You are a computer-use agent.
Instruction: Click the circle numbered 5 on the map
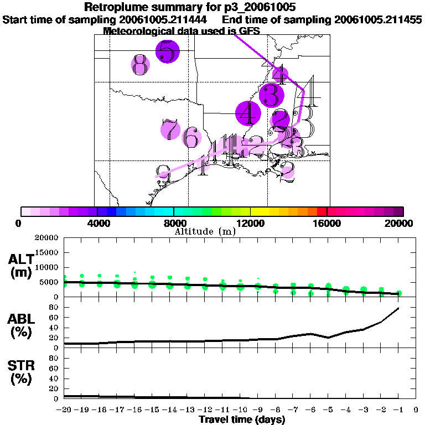coord(168,51)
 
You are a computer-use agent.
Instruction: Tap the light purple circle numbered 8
coord(141,65)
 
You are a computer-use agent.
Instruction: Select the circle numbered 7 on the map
coord(170,129)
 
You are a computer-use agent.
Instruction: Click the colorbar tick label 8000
coord(174,224)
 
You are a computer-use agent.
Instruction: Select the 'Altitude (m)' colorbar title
coord(205,231)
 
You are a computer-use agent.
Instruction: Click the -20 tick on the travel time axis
coord(65,410)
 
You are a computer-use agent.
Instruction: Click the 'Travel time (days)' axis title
coord(242,420)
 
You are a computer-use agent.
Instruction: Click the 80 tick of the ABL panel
coord(54,307)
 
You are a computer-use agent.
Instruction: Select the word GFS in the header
coord(250,31)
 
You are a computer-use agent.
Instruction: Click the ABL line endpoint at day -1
coord(398,308)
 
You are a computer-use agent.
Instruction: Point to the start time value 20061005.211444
coord(164,19)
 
